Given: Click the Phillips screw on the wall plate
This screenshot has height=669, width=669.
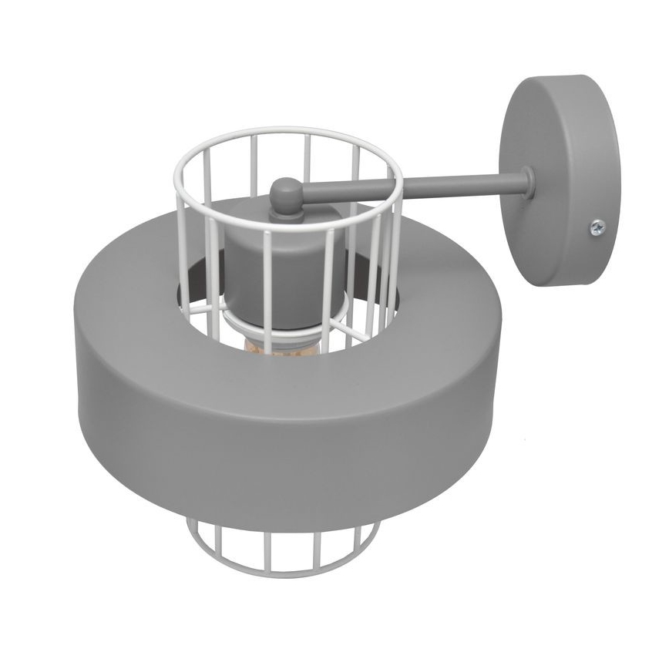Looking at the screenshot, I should click(597, 227).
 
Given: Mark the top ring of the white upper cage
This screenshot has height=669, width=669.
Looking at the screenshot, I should click(285, 133).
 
